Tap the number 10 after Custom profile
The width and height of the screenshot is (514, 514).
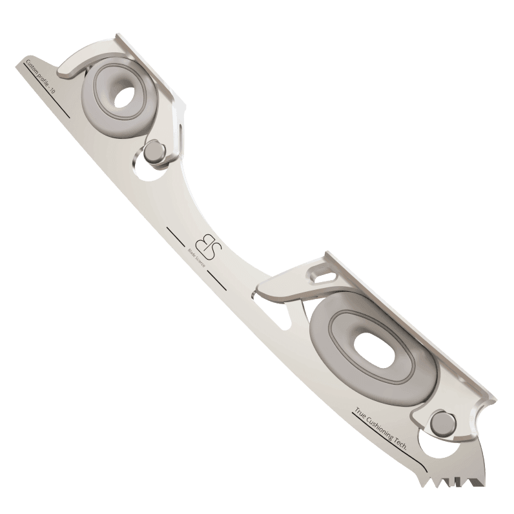coord(52,92)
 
